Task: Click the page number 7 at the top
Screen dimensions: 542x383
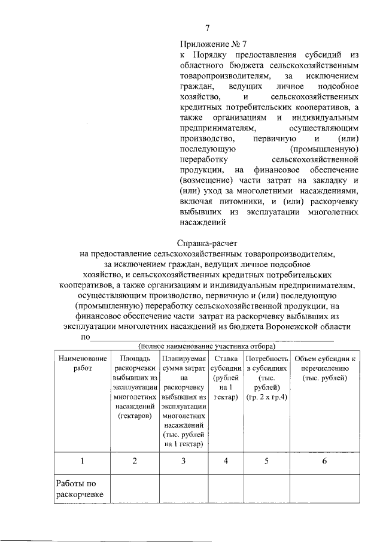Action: tap(207, 28)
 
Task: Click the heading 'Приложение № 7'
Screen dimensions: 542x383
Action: tap(212, 44)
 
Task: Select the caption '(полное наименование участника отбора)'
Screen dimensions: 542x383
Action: tap(206, 347)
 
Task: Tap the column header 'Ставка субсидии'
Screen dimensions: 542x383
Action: tap(226, 363)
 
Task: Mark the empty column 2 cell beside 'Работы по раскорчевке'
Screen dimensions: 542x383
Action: tap(134, 489)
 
